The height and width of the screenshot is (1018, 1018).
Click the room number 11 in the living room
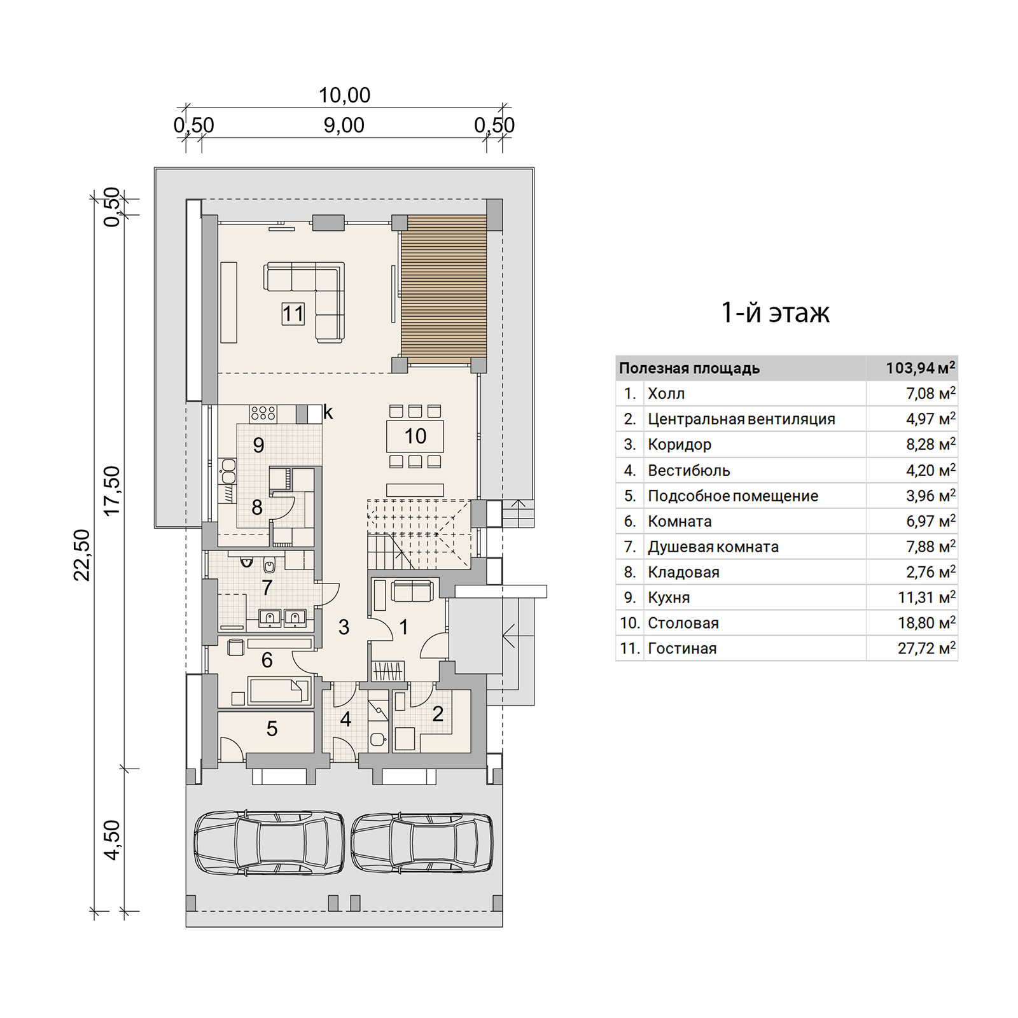[x=293, y=314]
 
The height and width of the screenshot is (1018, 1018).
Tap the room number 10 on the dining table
[x=415, y=436]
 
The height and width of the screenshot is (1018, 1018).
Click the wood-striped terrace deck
[x=443, y=289]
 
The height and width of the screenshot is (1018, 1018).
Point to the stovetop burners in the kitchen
[x=263, y=413]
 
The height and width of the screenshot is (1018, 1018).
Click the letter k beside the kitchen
[x=328, y=412]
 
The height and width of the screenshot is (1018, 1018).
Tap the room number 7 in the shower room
[x=267, y=588]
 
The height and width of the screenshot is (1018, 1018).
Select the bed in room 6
[x=279, y=691]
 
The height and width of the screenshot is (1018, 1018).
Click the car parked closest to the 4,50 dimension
[x=268, y=842]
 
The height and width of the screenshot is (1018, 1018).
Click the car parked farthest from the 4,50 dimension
[x=422, y=842]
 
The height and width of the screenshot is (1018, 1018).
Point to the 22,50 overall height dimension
[x=82, y=555]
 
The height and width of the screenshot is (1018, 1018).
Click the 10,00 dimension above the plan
[x=344, y=95]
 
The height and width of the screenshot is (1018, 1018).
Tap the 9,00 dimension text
[x=344, y=125]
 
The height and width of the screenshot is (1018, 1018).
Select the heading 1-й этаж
[x=775, y=312]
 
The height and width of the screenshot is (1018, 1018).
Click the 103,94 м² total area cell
[x=921, y=368]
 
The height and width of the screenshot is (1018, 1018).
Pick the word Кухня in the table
[x=669, y=597]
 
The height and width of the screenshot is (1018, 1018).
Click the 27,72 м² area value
[x=927, y=648]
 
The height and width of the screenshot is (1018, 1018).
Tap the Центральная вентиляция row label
[x=741, y=419]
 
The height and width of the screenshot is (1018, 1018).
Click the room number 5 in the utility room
[x=272, y=729]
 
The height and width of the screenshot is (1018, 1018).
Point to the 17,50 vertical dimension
[x=111, y=491]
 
